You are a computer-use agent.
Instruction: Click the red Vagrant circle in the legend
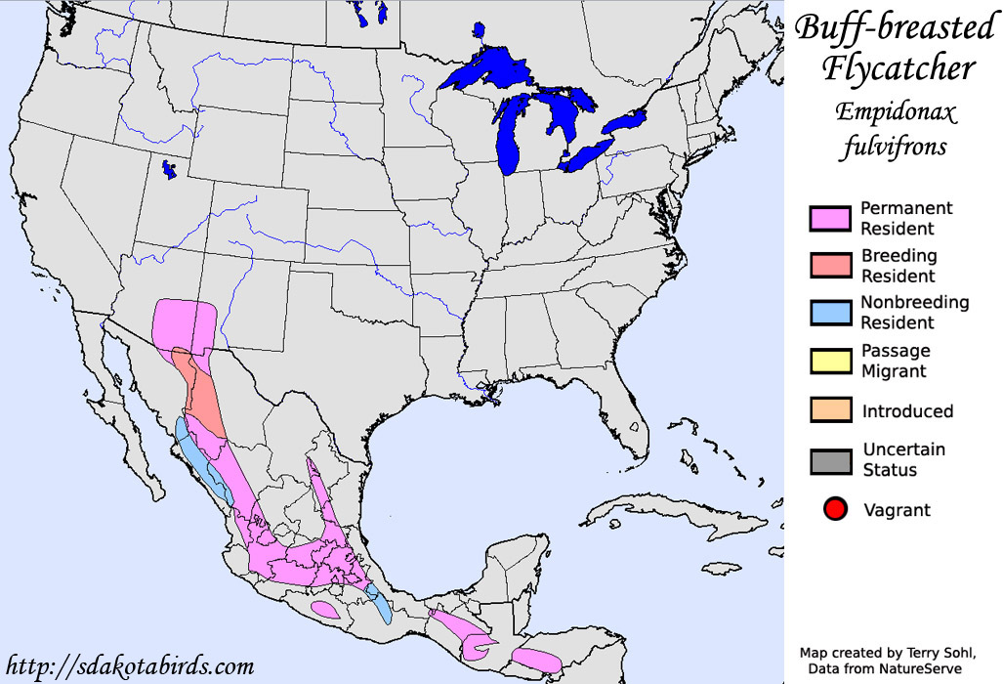point(834,509)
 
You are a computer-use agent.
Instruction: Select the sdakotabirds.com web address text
point(130,666)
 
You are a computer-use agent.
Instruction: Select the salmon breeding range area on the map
point(204,396)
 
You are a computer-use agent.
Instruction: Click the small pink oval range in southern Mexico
point(326,609)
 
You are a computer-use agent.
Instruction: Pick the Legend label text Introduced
point(907,411)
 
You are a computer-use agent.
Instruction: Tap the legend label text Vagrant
point(897,510)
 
